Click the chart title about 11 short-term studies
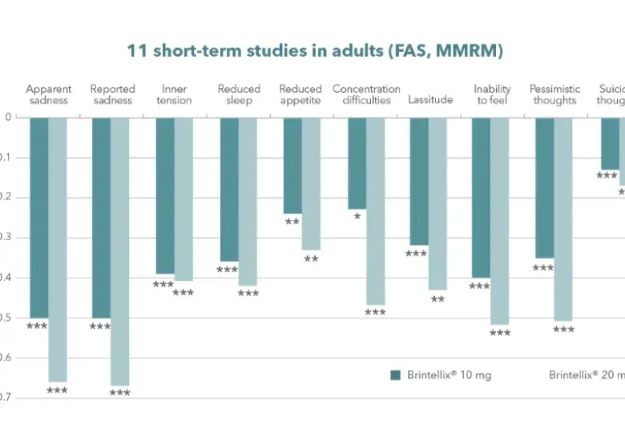[314, 51]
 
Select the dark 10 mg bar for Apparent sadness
[38, 216]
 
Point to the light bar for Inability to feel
[499, 221]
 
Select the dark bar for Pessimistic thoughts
[544, 188]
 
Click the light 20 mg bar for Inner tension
[183, 199]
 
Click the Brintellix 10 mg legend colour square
[395, 375]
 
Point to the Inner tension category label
[175, 94]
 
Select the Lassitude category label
[430, 100]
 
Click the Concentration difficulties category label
[366, 94]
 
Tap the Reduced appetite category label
[300, 94]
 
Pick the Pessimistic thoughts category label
[554, 94]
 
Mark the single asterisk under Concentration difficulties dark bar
[357, 217]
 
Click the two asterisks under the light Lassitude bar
[437, 299]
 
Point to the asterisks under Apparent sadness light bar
[57, 391]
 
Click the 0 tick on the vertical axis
[9, 118]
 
